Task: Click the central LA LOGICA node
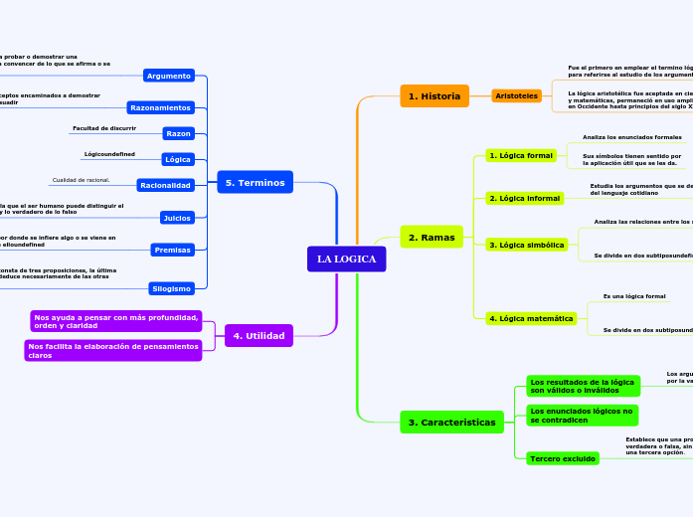(346, 259)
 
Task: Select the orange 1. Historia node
(433, 96)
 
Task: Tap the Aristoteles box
(516, 96)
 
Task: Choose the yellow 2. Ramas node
(432, 237)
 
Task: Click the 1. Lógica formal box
(520, 156)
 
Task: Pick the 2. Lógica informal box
(524, 199)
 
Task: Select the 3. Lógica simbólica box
(526, 245)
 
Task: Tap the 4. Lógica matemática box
(531, 319)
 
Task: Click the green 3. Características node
(451, 423)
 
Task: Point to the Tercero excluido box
(563, 458)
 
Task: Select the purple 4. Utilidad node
(259, 336)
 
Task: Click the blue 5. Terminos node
(255, 183)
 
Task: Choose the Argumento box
(168, 76)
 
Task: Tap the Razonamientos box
(160, 107)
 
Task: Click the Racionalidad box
(165, 185)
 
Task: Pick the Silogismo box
(170, 288)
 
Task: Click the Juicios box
(176, 218)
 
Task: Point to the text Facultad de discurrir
(104, 128)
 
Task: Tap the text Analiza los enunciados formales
(631, 137)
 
